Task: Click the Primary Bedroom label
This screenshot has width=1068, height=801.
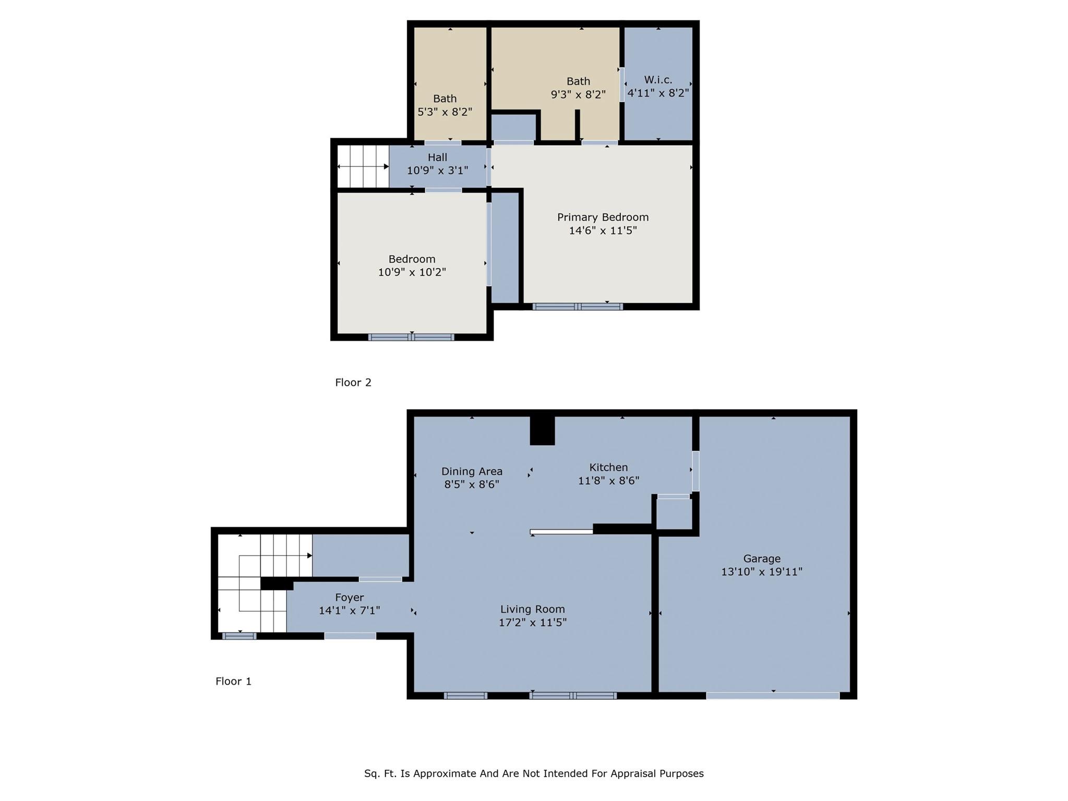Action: (x=603, y=217)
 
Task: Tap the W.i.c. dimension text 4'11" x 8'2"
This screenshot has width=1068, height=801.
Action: (x=658, y=93)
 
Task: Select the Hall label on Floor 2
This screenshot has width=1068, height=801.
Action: (x=437, y=157)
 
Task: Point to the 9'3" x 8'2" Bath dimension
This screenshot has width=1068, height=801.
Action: (x=578, y=94)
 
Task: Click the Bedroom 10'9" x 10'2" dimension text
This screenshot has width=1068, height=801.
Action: (x=412, y=272)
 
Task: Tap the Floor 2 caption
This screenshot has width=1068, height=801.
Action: (x=353, y=382)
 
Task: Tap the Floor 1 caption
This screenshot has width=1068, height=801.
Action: (x=233, y=681)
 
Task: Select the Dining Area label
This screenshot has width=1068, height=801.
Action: (x=472, y=471)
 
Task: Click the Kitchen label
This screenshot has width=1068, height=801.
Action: (x=608, y=467)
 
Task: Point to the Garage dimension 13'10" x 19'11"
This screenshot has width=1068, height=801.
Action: (x=761, y=571)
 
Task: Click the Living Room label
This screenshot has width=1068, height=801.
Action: (x=532, y=609)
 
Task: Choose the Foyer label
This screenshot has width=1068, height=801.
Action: (x=349, y=597)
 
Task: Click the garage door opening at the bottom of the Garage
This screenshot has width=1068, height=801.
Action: (x=773, y=696)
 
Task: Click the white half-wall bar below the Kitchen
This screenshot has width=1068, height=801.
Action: (x=561, y=532)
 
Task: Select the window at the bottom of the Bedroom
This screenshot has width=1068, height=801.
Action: (x=411, y=337)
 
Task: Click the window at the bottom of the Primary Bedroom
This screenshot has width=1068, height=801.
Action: (x=578, y=307)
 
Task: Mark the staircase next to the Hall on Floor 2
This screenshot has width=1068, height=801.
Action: (x=363, y=166)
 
